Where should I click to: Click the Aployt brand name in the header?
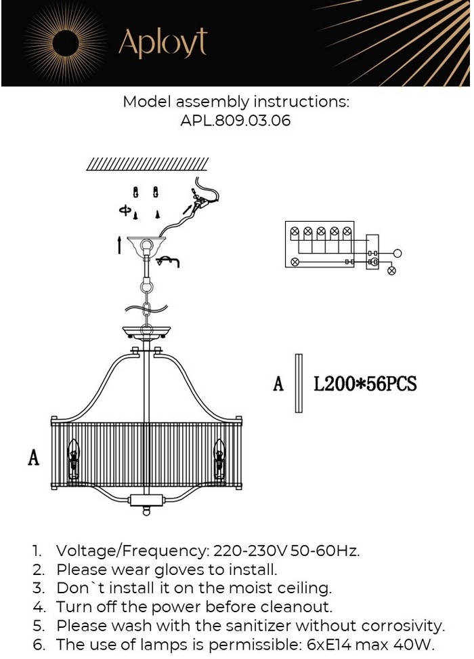tap(163, 43)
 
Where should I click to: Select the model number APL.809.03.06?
tap(236, 121)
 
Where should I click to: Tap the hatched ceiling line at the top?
tap(148, 164)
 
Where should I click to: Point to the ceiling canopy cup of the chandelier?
tap(146, 247)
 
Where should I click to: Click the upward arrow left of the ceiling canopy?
tap(120, 245)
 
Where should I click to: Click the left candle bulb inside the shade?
tap(74, 460)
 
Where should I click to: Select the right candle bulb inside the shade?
tap(219, 460)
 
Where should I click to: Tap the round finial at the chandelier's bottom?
tap(146, 511)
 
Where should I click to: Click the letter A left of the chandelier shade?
tap(34, 457)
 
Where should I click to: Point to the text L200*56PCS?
tap(365, 384)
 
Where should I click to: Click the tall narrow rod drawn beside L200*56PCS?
tap(299, 383)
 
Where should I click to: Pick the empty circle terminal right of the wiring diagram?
tap(397, 253)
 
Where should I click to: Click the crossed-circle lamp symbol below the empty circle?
tap(391, 271)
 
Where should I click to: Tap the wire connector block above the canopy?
tap(202, 203)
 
